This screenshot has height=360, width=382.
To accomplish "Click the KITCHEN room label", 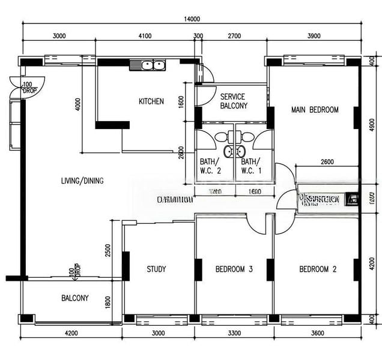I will tap(151, 101).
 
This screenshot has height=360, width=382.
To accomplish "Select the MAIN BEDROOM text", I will tap(315, 110).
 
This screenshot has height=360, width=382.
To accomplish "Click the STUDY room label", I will tap(156, 269).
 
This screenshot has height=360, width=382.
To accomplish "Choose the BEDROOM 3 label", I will tap(234, 269).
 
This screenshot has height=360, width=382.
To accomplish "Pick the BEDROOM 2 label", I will tap(318, 269).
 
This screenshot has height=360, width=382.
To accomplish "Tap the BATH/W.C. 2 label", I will tap(210, 166).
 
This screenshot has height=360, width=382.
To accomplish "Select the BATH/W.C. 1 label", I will tap(250, 166).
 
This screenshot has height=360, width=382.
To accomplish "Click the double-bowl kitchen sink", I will tap(148, 65).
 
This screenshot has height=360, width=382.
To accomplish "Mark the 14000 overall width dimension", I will tap(192, 19).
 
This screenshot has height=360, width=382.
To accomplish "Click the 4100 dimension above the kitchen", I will tap(145, 36).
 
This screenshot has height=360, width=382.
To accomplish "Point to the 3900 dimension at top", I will tap(314, 36).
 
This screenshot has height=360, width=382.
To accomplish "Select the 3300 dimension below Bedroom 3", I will tap(234, 334).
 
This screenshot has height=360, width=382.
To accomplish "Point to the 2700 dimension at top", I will tap(234, 36).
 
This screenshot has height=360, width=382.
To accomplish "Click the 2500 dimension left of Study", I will tap(108, 250).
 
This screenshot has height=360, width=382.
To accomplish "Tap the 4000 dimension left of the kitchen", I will tap(77, 104).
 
